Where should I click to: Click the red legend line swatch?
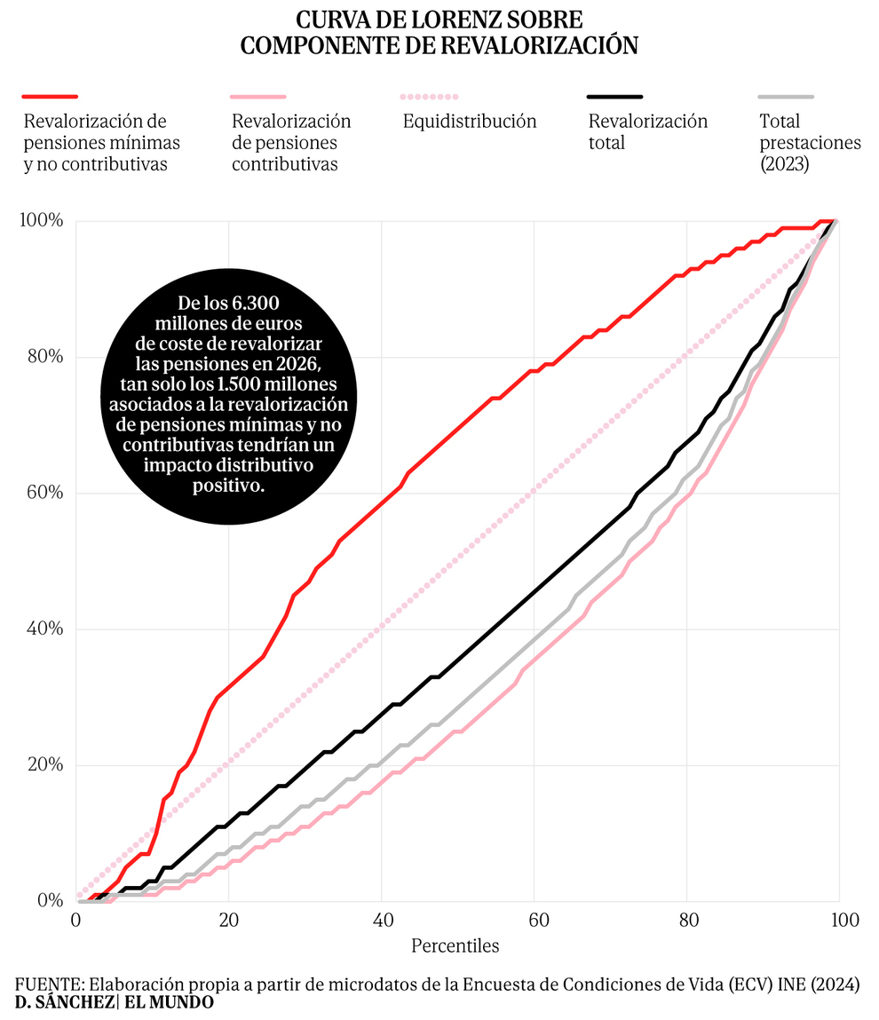51,96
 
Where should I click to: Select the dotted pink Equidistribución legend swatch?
430,96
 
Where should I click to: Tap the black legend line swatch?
614,96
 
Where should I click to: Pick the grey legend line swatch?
786,96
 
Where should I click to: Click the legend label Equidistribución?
469,122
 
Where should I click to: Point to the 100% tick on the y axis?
42,221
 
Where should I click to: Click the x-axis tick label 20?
228,920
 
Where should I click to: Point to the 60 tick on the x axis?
535,920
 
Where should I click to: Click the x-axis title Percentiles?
455,945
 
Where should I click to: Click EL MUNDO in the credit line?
169,1002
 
